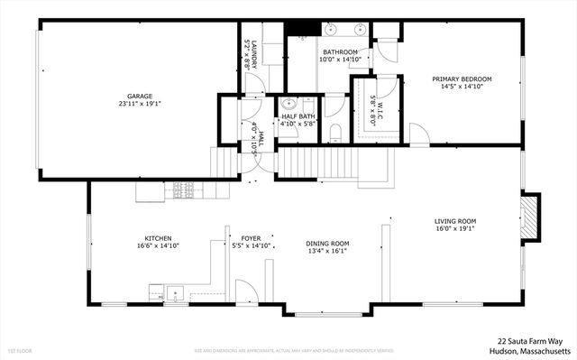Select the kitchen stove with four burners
[x=184, y=190]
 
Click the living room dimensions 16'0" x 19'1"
[x=455, y=229]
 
